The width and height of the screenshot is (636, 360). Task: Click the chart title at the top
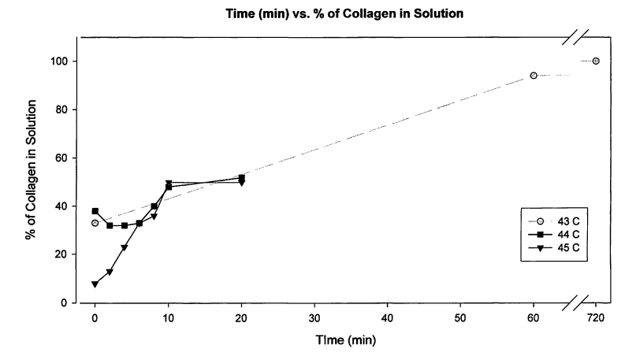click(x=318, y=16)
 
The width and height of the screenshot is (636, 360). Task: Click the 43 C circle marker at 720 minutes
click(x=596, y=61)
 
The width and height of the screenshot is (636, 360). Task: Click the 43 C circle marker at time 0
click(x=95, y=223)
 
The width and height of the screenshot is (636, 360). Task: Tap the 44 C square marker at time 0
click(x=95, y=211)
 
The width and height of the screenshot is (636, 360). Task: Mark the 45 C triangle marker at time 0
click(x=95, y=284)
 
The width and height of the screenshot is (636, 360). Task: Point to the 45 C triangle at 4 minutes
click(x=125, y=248)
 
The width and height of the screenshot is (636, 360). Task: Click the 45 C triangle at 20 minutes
click(x=241, y=183)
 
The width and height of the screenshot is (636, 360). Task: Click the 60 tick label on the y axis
click(x=61, y=158)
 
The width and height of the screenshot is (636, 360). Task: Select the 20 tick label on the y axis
click(x=61, y=254)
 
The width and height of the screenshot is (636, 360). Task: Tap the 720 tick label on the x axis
click(x=596, y=317)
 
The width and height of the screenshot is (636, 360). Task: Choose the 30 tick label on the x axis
click(x=314, y=317)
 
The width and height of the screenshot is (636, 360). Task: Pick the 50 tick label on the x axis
click(x=461, y=317)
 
